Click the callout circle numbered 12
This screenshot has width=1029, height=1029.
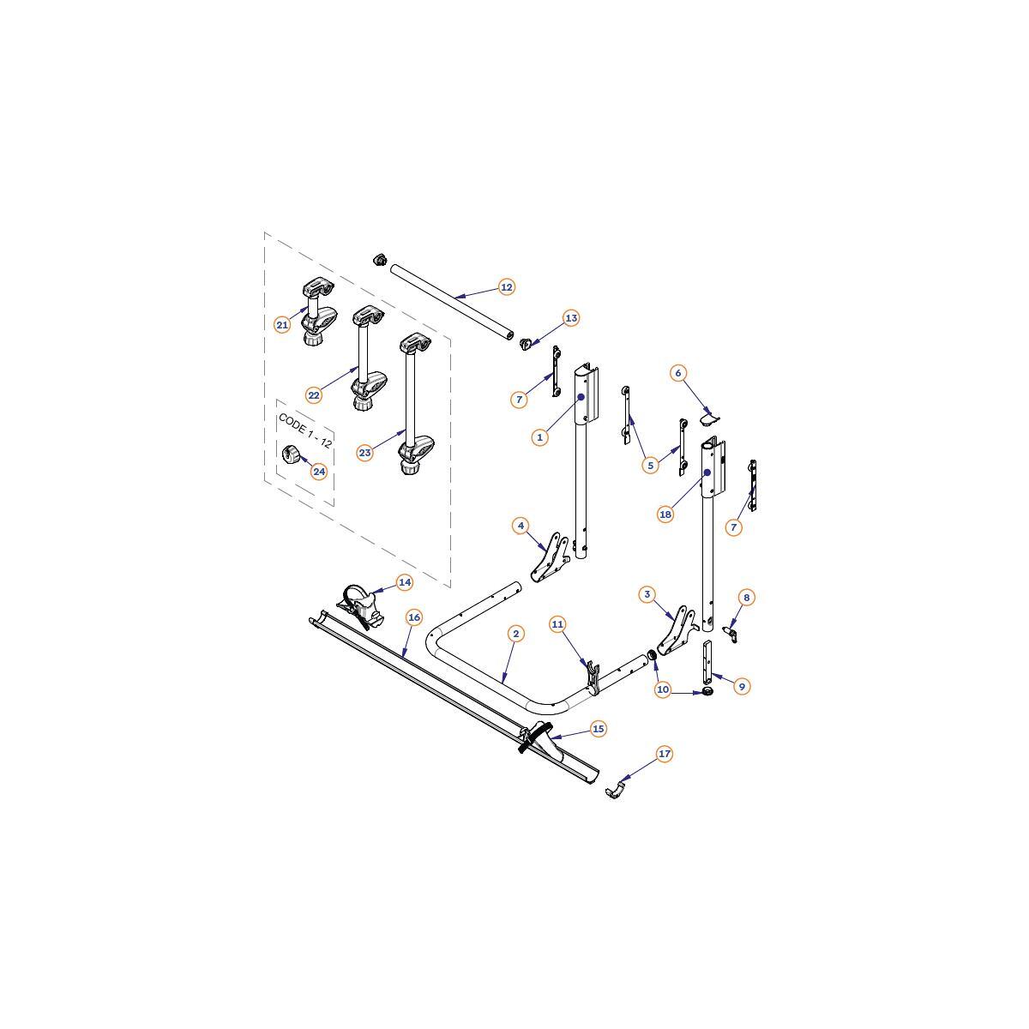(506, 287)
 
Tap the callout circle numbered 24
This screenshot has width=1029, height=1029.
(319, 472)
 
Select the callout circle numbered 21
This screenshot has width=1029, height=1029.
(282, 325)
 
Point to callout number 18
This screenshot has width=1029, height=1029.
(665, 514)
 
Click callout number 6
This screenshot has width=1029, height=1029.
(678, 373)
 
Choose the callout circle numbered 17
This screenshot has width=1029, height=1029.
(665, 754)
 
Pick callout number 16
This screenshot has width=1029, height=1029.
(414, 617)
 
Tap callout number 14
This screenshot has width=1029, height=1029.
(405, 582)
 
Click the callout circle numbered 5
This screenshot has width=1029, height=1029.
(650, 465)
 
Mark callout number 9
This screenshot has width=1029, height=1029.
(742, 687)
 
